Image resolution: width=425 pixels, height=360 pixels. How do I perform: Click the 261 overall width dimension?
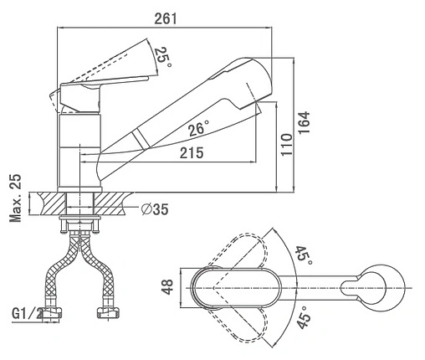coord(166,19)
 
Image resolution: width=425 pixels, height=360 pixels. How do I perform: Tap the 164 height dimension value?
coord(304,123)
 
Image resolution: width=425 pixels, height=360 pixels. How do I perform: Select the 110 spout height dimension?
coord(287,145)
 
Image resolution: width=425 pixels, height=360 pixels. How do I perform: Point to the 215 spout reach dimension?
coord(192,153)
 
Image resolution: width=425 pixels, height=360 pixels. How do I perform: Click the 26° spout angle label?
coord(199,128)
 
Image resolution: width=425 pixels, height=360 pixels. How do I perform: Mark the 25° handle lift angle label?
coord(163,58)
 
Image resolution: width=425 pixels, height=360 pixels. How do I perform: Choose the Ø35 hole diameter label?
coord(155,209)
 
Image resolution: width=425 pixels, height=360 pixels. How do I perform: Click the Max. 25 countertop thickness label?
coord(16,198)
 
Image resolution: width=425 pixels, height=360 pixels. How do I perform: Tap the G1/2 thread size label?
coord(27,313)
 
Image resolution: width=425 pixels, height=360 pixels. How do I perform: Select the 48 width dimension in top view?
coord(167,286)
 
